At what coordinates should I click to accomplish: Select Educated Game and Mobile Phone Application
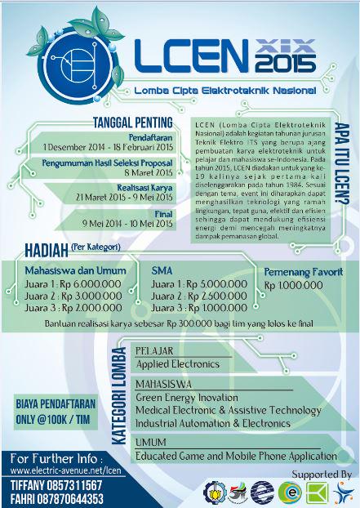coord(234,456)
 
